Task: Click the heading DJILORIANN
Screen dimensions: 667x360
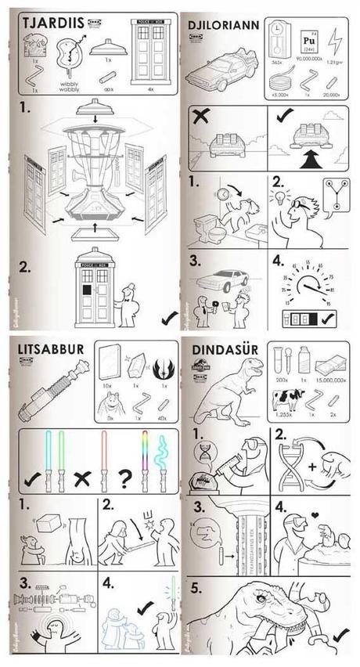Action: pos(218,24)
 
